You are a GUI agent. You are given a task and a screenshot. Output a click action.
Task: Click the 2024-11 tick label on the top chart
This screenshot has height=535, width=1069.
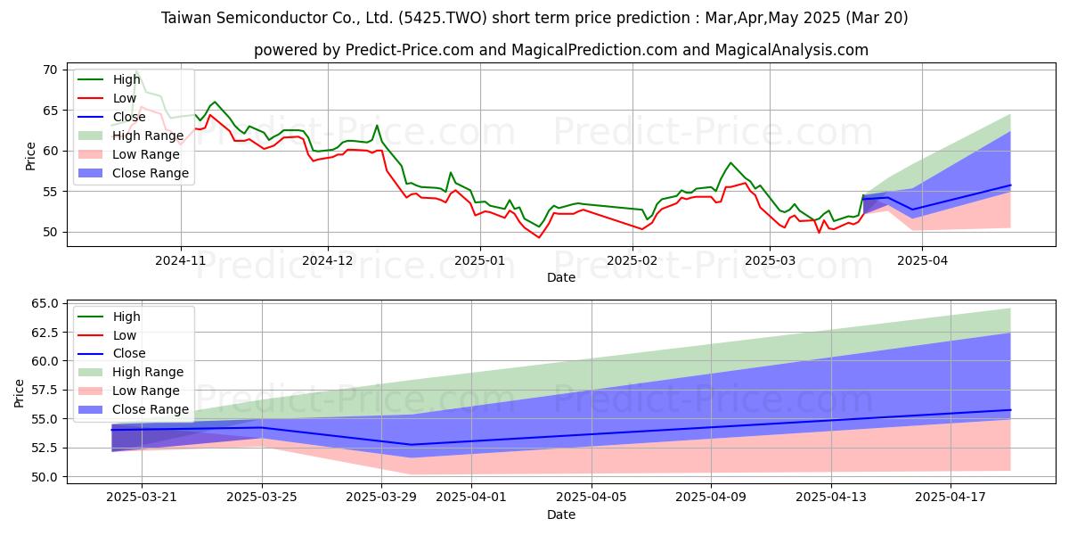180,260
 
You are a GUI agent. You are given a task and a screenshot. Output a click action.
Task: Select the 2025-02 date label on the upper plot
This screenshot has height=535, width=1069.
632,260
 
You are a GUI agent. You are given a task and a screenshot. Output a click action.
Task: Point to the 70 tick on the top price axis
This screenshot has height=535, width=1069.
50,70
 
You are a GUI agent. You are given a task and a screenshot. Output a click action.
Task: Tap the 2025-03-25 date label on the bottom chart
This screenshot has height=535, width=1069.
262,498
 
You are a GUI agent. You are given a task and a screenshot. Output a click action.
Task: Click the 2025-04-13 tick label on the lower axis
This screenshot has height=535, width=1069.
831,498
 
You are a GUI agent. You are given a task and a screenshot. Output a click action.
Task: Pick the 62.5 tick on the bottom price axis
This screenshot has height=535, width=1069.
45,333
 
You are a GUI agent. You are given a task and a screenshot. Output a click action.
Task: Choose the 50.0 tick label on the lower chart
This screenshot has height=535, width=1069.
45,477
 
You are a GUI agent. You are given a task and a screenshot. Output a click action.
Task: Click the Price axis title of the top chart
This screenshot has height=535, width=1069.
30,156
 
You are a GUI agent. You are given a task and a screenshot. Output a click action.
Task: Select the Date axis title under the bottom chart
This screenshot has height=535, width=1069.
560,515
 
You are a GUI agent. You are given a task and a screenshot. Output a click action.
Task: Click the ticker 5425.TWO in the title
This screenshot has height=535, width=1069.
443,18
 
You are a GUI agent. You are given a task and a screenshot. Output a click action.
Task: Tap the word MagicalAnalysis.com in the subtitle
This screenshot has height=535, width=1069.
791,50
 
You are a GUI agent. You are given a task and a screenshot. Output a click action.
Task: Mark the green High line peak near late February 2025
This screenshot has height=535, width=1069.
730,163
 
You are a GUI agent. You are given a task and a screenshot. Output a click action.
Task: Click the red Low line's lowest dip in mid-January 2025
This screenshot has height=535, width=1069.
539,237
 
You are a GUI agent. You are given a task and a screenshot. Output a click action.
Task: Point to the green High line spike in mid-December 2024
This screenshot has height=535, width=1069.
377,126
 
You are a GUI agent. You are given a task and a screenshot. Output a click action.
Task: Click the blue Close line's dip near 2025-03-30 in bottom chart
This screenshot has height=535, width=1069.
412,445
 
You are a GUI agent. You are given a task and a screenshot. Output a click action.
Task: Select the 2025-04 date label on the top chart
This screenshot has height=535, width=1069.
922,260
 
